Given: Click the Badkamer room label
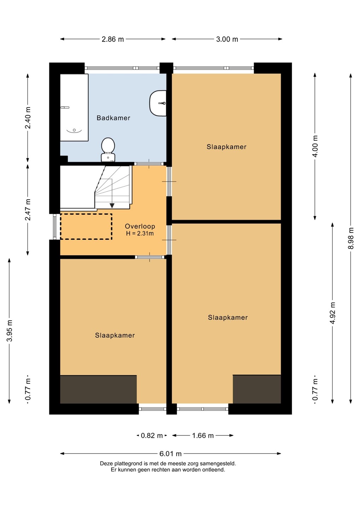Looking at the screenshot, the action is point(113,118).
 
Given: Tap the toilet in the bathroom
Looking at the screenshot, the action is point(108,150).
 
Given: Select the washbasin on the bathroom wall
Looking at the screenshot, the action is point(158,103).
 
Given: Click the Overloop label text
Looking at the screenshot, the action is point(140,226).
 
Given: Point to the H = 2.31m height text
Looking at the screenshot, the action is point(140,233).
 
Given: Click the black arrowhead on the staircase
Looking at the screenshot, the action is point(112,206).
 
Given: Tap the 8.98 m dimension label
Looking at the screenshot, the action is point(351,238).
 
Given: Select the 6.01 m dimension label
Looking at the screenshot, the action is point(170,454).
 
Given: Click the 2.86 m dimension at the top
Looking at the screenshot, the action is point(113,39).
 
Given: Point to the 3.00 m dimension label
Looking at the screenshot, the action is point(227,39).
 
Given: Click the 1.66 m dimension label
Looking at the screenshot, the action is point(203,435).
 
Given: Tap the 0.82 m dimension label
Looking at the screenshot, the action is point(152,435).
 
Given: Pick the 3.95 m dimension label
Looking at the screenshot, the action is point(10,330).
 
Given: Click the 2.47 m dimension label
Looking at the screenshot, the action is point(28,210).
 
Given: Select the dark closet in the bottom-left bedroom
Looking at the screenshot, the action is point(98,390).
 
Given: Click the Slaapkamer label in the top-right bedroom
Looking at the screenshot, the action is point(227,147).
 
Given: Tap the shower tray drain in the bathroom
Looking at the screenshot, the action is point(74,130).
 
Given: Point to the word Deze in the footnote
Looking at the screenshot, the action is point(106,463).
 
